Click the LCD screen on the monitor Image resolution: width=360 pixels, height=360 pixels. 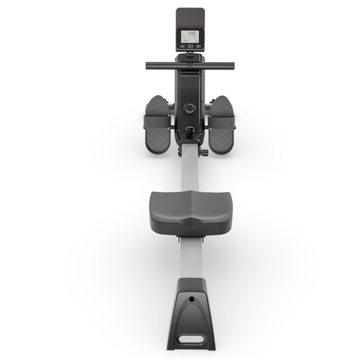click(x=188, y=37)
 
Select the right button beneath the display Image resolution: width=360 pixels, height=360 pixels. click(x=194, y=51)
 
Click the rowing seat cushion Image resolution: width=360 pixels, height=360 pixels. click(x=188, y=208)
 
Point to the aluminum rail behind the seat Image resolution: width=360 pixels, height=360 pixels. click(x=188, y=260)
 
